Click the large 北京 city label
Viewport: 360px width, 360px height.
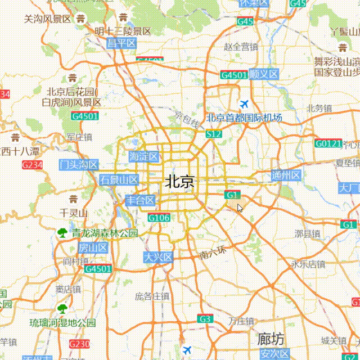click(x=180, y=182)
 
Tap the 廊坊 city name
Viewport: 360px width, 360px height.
click(x=271, y=339)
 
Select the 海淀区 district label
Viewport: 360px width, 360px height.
click(x=144, y=156)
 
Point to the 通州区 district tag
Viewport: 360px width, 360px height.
click(x=286, y=175)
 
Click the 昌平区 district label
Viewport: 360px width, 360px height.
click(x=122, y=43)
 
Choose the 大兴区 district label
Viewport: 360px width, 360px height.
click(x=157, y=257)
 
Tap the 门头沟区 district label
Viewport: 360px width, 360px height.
click(x=79, y=165)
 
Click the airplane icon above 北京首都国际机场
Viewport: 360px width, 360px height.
click(x=244, y=104)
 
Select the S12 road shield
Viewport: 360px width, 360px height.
click(x=214, y=134)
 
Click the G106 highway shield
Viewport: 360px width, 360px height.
click(x=159, y=218)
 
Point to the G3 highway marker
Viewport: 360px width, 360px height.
click(x=205, y=319)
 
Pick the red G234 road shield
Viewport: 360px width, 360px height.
click(x=32, y=165)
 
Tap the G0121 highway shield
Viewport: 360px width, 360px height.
click(x=328, y=143)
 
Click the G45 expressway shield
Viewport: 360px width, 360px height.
click(x=245, y=21)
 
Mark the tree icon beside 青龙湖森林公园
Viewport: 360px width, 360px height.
click(x=61, y=232)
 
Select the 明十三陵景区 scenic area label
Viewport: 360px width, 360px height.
click(x=123, y=31)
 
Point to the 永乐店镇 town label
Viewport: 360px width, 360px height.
click(x=308, y=264)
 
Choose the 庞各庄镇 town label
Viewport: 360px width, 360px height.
click(x=152, y=296)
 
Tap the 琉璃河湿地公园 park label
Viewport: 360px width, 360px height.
click(x=62, y=323)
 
